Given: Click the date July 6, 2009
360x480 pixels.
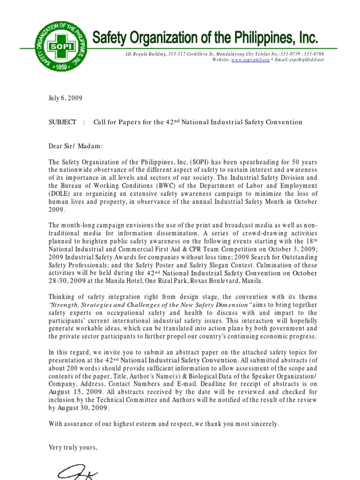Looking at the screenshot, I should (x=66, y=98).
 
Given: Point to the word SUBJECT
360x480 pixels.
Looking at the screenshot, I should (x=62, y=122).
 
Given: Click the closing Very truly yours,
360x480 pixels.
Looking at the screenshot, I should (x=73, y=447).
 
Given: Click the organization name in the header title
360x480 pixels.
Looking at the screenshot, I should (x=204, y=37).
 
